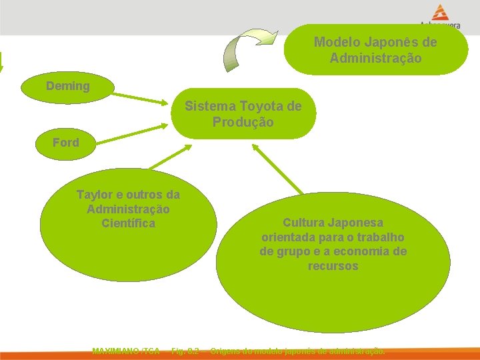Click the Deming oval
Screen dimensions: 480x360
pyautogui.click(x=67, y=87)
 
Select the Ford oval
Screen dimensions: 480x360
pyautogui.click(x=65, y=143)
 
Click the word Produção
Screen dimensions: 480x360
pyautogui.click(x=243, y=122)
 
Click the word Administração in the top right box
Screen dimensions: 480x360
pyautogui.click(x=375, y=58)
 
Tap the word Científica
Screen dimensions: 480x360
pyautogui.click(x=128, y=223)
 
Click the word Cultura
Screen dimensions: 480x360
pyautogui.click(x=305, y=223)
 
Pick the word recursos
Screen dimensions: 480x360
pyautogui.click(x=333, y=266)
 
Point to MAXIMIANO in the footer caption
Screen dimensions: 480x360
pyautogui.click(x=116, y=351)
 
